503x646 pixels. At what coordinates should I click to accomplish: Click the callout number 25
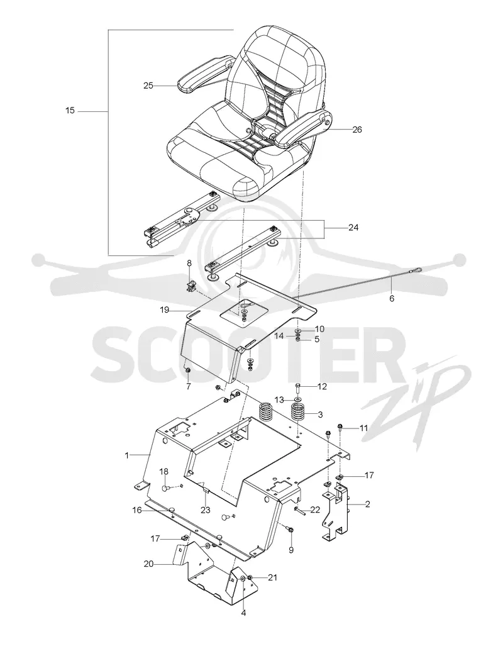click(x=148, y=86)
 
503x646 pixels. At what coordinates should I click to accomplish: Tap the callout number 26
click(x=357, y=130)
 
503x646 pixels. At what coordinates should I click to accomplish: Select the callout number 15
click(x=70, y=111)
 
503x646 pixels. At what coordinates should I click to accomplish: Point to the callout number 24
click(x=353, y=227)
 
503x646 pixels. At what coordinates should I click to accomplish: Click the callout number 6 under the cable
click(x=391, y=298)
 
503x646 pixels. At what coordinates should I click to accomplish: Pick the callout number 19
click(x=165, y=310)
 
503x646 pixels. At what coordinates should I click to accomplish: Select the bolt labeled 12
click(x=298, y=387)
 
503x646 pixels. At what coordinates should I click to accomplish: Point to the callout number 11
click(x=364, y=428)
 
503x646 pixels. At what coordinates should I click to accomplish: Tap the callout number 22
click(x=315, y=510)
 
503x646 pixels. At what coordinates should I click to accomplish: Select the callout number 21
click(x=272, y=578)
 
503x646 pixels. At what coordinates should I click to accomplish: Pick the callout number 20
click(x=148, y=564)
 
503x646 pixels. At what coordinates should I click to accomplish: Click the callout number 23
click(x=206, y=510)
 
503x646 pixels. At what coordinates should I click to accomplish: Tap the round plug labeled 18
click(x=165, y=489)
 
